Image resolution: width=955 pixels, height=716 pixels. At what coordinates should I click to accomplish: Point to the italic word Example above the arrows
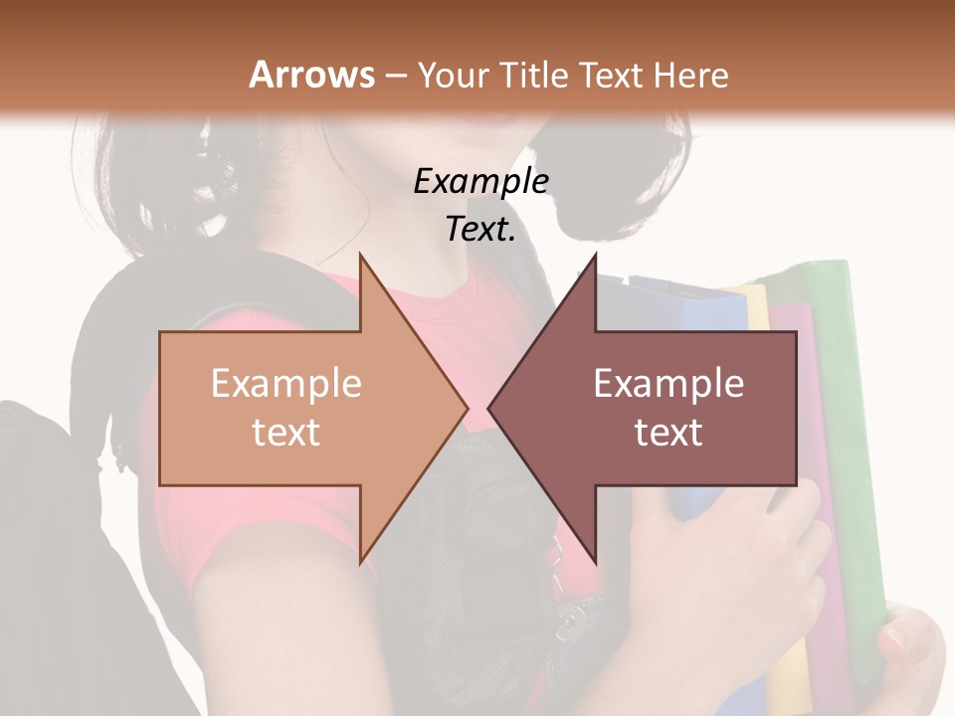480,181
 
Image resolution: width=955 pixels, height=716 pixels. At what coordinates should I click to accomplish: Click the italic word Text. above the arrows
480,230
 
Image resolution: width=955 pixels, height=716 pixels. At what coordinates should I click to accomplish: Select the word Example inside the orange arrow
286,383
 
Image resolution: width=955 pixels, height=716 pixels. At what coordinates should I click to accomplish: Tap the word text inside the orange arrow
286,432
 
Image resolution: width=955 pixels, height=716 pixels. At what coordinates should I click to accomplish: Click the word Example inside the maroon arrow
668,383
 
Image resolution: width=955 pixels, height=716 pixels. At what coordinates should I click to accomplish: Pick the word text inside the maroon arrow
668,432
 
